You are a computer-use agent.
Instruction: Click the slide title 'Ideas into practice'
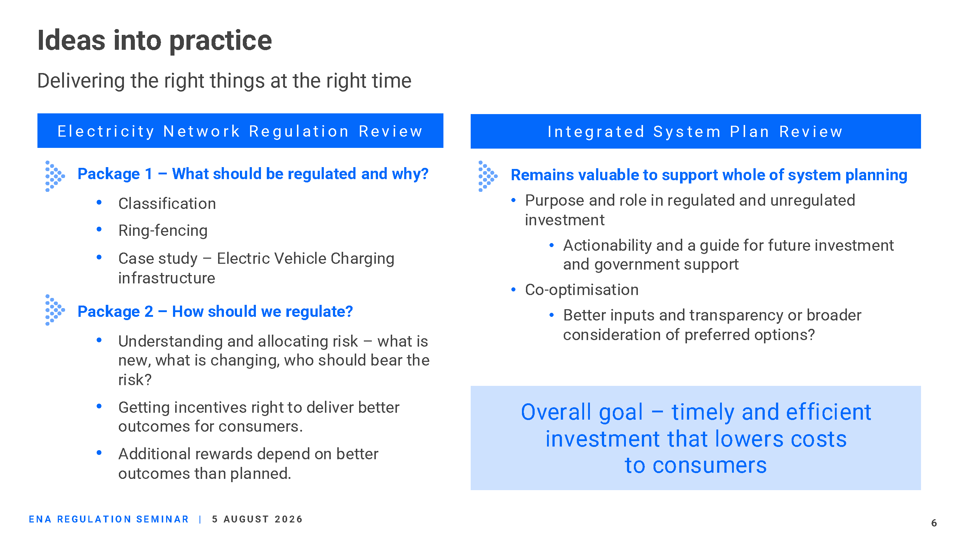point(154,41)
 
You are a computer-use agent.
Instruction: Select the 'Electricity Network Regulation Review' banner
point(240,130)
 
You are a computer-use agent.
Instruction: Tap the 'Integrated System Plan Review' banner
point(696,131)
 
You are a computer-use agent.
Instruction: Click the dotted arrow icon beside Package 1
point(55,176)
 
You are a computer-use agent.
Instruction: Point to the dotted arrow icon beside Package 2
point(55,310)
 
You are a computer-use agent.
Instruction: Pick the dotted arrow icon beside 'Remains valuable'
point(488,176)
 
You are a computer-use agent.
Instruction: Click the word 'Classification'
point(167,203)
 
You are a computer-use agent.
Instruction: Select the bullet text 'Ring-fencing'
point(163,231)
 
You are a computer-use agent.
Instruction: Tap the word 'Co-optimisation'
point(582,290)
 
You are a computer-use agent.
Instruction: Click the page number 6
point(934,523)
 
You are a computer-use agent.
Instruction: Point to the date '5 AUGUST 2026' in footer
point(257,519)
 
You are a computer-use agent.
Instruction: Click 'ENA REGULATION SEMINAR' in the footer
point(109,519)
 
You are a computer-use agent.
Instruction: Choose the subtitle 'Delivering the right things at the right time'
point(224,81)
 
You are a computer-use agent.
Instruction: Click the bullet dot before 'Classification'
point(99,202)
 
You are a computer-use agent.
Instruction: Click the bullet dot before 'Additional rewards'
point(99,453)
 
